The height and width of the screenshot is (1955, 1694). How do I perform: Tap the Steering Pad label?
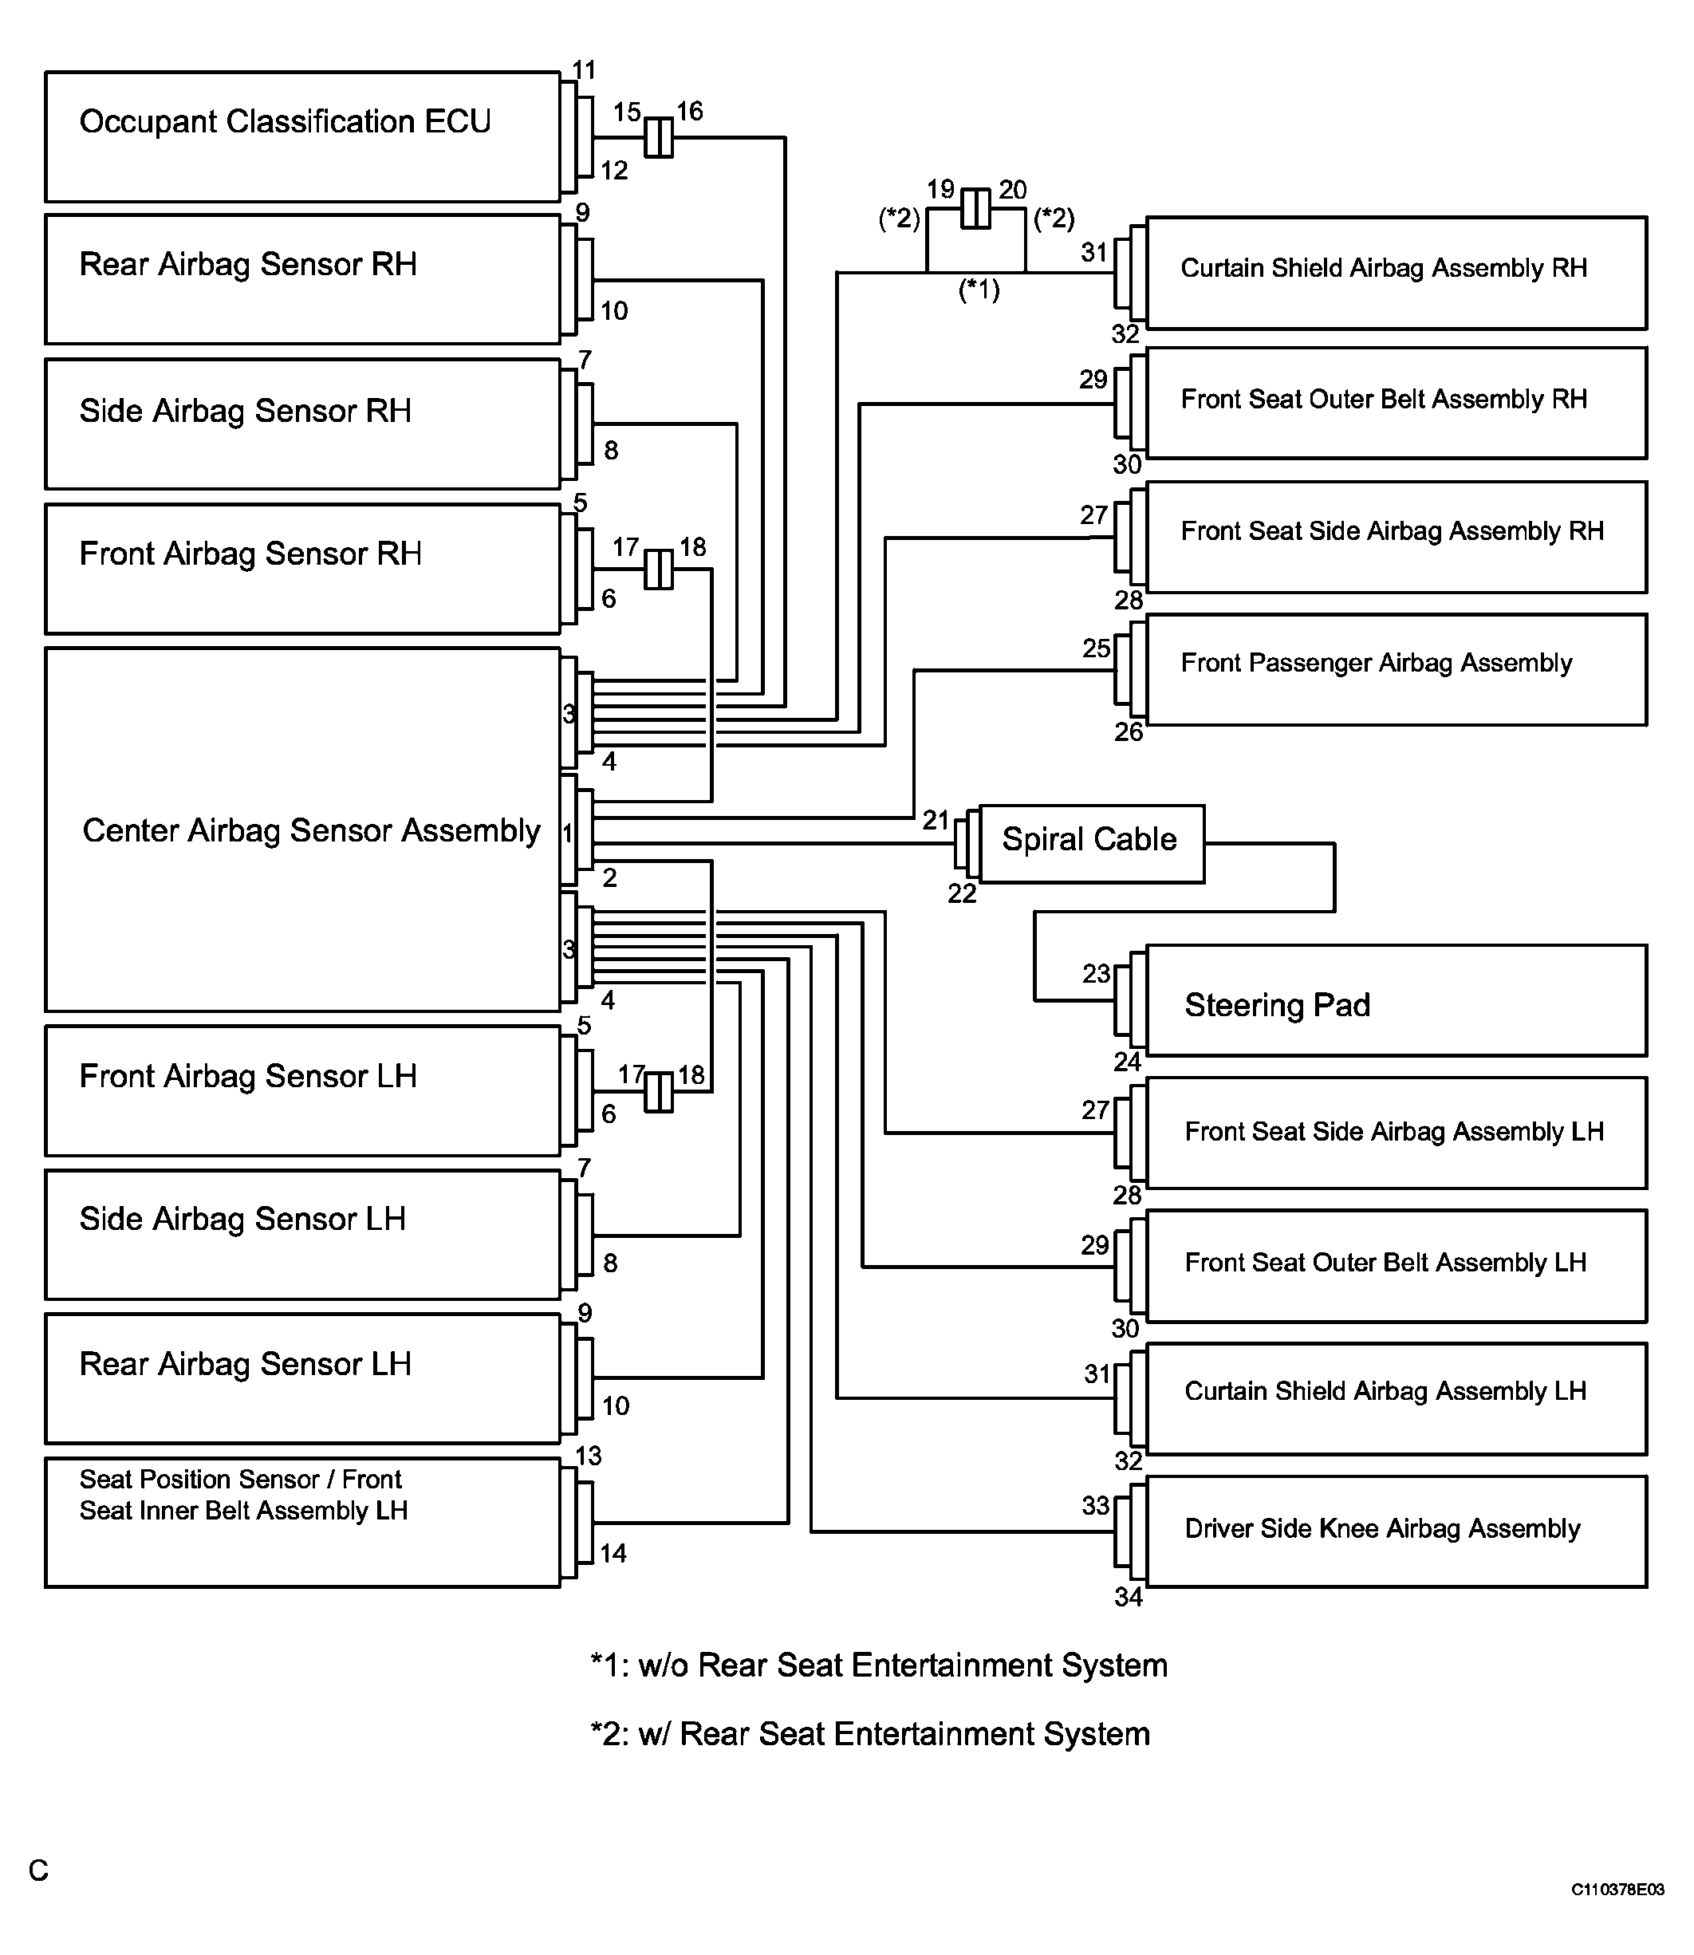tap(1277, 1005)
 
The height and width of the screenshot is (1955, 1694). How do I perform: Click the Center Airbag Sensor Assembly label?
tap(311, 830)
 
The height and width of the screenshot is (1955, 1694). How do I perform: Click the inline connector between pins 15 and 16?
tap(659, 138)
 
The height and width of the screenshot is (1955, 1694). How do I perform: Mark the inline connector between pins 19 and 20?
tap(975, 209)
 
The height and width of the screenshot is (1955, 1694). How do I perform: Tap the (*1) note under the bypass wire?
tap(979, 290)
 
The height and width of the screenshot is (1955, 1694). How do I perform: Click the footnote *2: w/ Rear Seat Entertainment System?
tap(869, 1734)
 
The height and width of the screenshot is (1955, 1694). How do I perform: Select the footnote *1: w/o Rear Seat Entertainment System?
tap(878, 1665)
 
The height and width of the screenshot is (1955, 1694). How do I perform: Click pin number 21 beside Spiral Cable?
tap(936, 820)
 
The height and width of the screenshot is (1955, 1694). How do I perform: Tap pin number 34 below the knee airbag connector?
tap(1129, 1597)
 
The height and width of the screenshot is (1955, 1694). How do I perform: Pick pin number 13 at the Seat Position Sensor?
tap(588, 1456)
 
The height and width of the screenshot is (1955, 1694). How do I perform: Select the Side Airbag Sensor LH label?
tap(243, 1219)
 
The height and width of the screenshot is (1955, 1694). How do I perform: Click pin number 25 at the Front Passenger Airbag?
tap(1097, 648)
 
